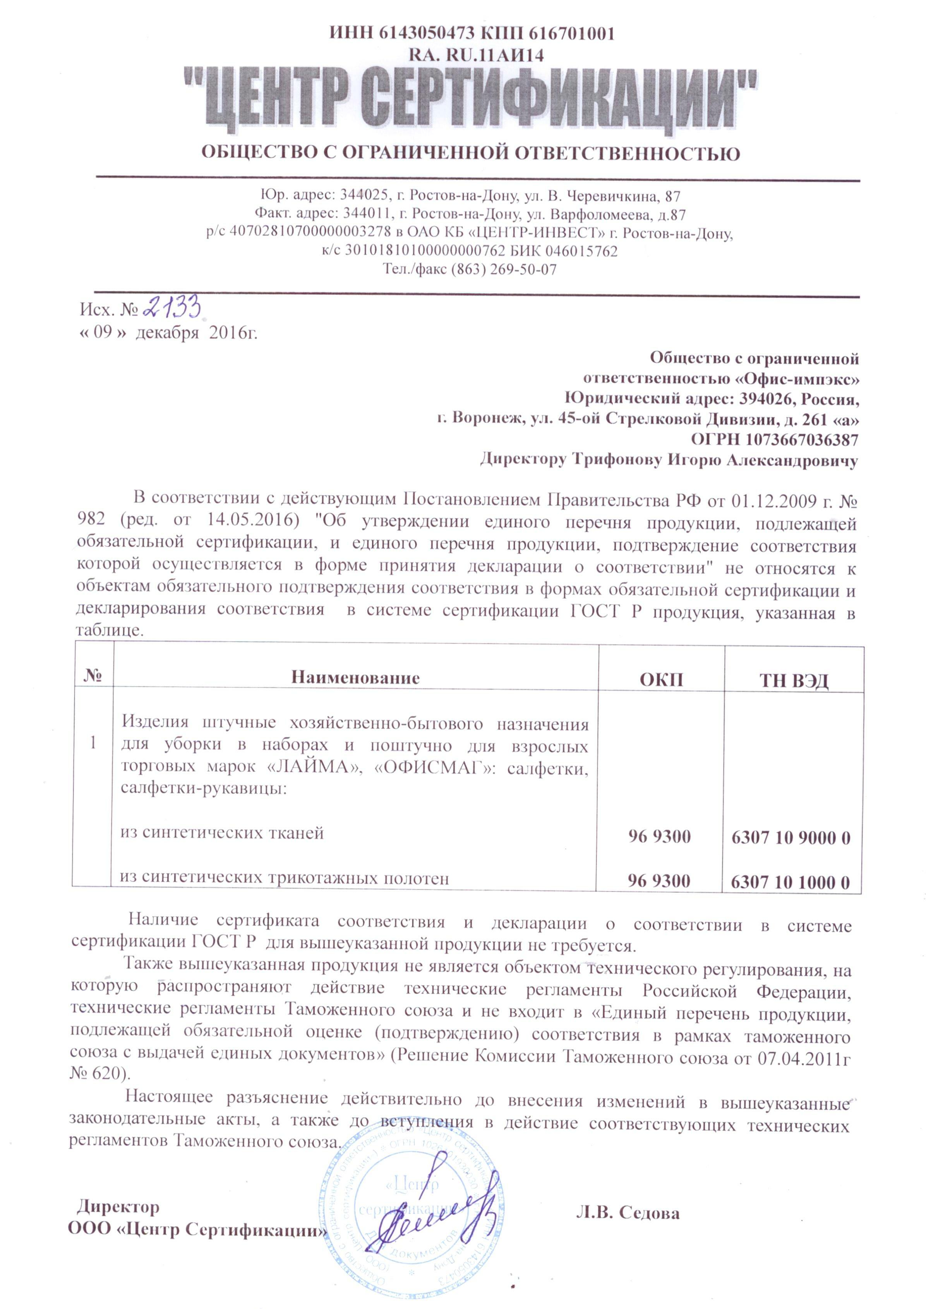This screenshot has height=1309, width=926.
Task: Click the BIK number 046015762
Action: click(581, 251)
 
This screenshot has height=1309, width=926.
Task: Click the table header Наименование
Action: click(355, 678)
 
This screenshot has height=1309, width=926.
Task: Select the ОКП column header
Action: click(660, 679)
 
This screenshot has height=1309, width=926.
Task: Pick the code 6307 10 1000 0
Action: click(790, 883)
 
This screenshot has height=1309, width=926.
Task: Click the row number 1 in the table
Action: click(93, 743)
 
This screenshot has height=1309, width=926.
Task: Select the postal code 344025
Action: click(365, 197)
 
